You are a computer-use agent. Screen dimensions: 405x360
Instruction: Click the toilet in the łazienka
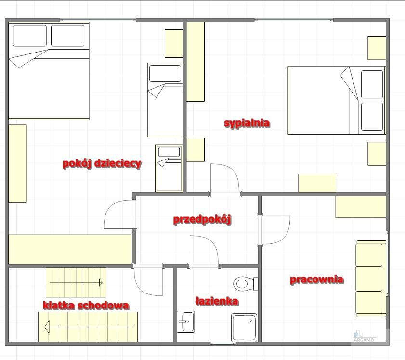tap(245, 284)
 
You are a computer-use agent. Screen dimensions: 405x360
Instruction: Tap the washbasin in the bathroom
tap(186, 321)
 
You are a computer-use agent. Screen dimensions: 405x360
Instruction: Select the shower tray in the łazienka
tap(244, 327)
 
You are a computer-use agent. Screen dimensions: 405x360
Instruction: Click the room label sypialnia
tap(247, 123)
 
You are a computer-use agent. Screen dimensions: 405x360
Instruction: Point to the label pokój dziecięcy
tap(102, 163)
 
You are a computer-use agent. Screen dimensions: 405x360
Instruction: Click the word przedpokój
tap(202, 219)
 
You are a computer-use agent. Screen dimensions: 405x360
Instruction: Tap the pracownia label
tap(317, 280)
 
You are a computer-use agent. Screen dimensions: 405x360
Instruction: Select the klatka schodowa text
tap(86, 305)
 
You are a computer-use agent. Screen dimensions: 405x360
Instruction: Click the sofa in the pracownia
tap(371, 279)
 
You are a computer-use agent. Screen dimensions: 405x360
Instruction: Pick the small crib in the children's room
tap(169, 168)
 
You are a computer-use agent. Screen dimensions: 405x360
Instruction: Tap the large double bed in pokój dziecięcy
tap(49, 71)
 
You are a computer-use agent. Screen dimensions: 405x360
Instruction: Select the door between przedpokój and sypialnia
tap(225, 179)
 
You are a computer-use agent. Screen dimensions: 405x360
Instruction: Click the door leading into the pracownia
tap(274, 230)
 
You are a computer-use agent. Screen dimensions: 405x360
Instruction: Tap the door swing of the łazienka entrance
tap(204, 251)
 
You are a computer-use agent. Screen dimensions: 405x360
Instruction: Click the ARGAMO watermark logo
tap(364, 336)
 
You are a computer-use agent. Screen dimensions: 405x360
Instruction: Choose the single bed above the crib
tap(165, 100)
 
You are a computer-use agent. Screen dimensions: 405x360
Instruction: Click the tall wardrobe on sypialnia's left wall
tap(196, 62)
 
